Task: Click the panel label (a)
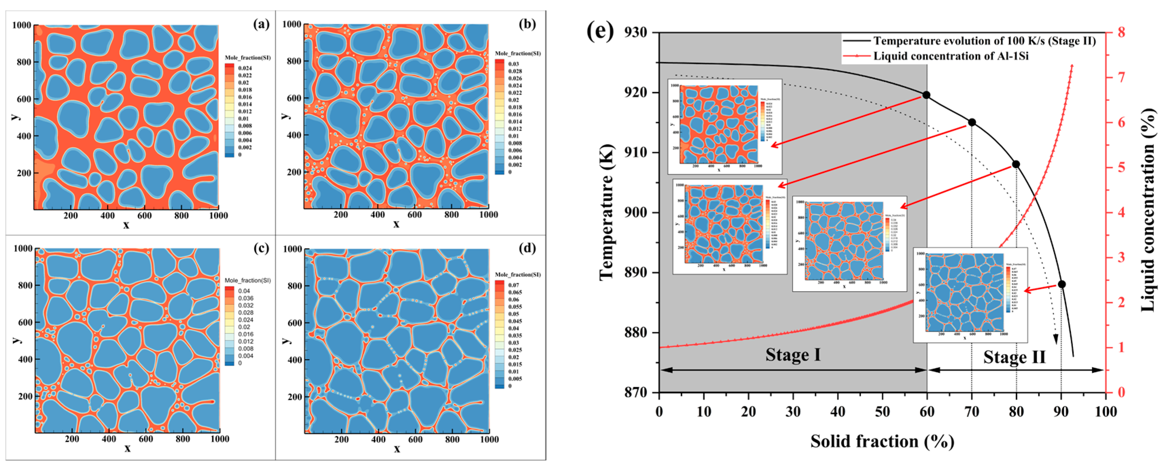pyautogui.click(x=261, y=24)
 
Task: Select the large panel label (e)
pyautogui.click(x=600, y=32)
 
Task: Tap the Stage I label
pyautogui.click(x=793, y=354)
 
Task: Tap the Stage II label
pyautogui.click(x=1015, y=357)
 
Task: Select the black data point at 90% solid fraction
pyautogui.click(x=1061, y=284)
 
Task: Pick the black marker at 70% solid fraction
pyautogui.click(x=971, y=122)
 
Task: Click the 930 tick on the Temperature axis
pyautogui.click(x=635, y=33)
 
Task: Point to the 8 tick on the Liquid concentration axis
pyautogui.click(x=1121, y=33)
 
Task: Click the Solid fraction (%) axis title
pyautogui.click(x=882, y=441)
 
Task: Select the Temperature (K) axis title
pyautogui.click(x=607, y=213)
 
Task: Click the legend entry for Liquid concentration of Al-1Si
pyautogui.click(x=951, y=56)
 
